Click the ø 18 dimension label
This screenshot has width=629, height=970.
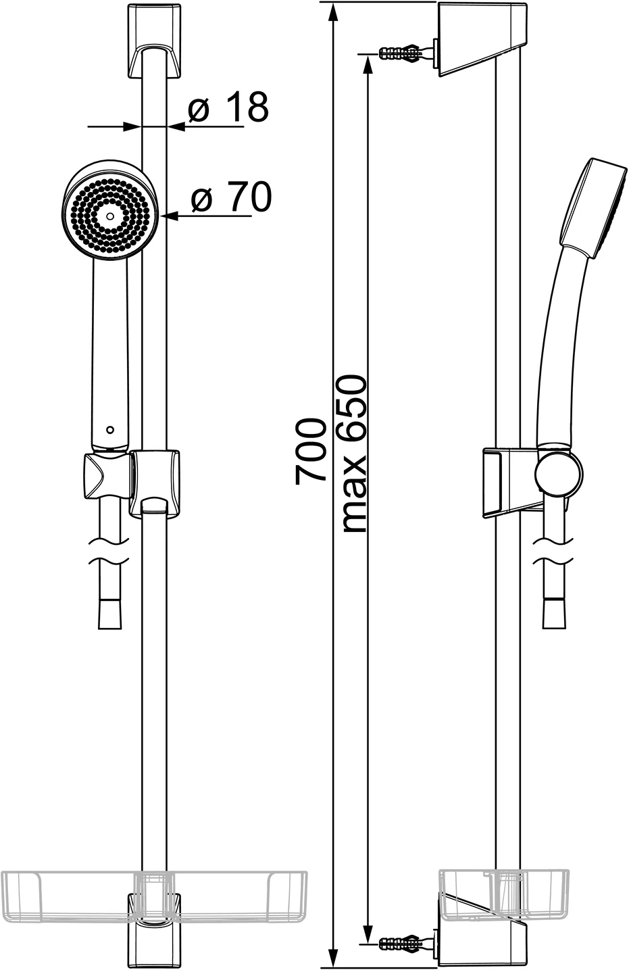[x=228, y=107]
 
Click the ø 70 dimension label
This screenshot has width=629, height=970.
[x=230, y=197]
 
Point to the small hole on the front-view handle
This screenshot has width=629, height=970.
[x=109, y=429]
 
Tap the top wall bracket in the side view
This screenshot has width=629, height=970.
[x=481, y=41]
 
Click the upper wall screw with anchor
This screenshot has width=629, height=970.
[x=404, y=52]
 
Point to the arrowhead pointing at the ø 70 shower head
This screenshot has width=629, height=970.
[x=170, y=216]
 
